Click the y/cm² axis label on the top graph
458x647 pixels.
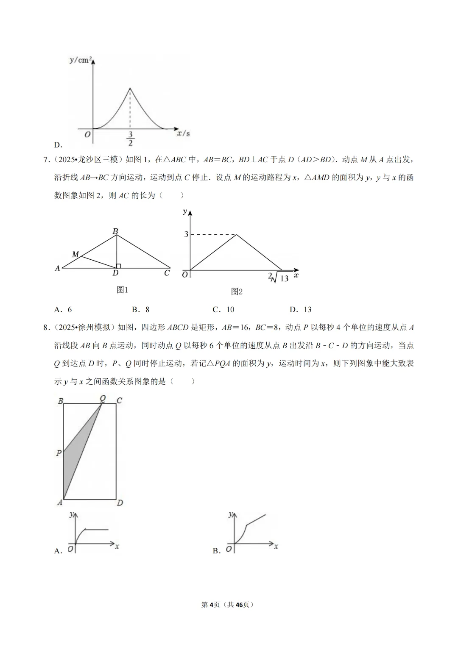(x=81, y=60)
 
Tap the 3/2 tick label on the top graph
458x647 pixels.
(x=130, y=139)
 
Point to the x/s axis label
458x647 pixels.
(x=183, y=133)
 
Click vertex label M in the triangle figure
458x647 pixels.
(x=75, y=255)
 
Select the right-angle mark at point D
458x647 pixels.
(x=118, y=266)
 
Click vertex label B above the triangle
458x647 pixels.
(x=115, y=231)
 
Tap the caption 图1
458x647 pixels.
(x=122, y=290)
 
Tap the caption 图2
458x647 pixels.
(x=237, y=292)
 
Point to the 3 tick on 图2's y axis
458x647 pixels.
(x=186, y=234)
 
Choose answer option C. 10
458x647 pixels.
(x=223, y=310)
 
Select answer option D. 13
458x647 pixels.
(x=301, y=310)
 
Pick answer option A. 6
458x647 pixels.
(x=63, y=310)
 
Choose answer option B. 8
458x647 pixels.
(x=141, y=310)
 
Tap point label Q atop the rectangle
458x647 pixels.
(x=103, y=398)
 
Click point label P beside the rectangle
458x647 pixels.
(x=59, y=453)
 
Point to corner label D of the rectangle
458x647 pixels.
(x=120, y=503)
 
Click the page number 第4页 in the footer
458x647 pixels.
(x=210, y=605)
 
